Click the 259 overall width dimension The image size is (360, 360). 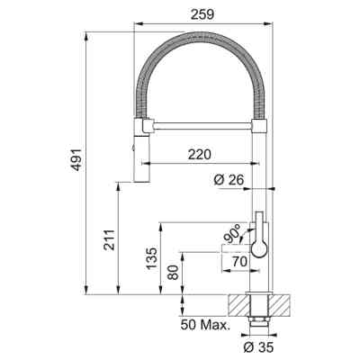(202, 13)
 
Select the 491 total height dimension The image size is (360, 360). (77, 159)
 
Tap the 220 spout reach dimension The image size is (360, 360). (200, 154)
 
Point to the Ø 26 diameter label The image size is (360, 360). (229, 180)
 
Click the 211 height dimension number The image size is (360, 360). (109, 240)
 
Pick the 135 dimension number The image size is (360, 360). (151, 258)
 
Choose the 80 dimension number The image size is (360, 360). (174, 273)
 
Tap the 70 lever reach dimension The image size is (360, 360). (239, 262)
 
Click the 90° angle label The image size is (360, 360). (232, 234)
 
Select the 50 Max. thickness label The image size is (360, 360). (205, 325)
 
